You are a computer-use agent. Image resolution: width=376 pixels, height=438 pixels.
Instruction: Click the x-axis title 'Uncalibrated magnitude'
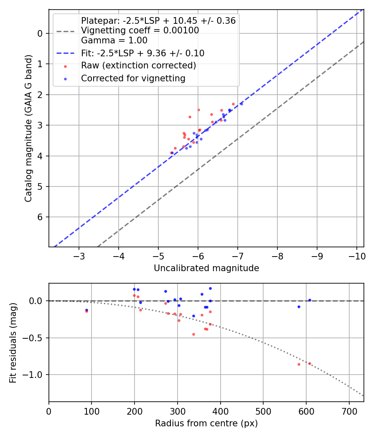(x=206, y=268)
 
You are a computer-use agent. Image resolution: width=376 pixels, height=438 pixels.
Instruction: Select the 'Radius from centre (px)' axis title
(x=206, y=423)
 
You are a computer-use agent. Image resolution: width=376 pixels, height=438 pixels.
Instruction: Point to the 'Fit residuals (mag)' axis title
(x=13, y=342)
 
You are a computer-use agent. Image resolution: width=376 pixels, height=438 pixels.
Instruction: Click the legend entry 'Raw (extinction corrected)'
(x=138, y=65)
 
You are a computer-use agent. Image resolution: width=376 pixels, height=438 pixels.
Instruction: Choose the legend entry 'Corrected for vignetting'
(x=133, y=78)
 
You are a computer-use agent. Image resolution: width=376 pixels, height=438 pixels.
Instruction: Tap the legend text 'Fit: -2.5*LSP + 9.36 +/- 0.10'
(x=142, y=53)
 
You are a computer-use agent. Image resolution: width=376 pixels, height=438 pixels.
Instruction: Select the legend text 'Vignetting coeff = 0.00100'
(x=140, y=30)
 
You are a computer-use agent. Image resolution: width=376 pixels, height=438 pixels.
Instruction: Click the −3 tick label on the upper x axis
(x=79, y=256)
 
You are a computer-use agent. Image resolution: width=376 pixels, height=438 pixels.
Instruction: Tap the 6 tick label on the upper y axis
(x=41, y=217)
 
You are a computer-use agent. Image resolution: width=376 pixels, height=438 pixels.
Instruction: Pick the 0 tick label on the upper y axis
(x=41, y=33)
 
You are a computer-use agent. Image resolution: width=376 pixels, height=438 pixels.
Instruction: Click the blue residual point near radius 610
(x=310, y=300)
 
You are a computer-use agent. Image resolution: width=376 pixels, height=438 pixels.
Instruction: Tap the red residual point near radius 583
(x=299, y=364)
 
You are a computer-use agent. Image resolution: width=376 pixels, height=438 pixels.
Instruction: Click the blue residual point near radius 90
(x=86, y=310)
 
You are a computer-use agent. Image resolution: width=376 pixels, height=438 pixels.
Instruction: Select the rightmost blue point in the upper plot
(x=241, y=103)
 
